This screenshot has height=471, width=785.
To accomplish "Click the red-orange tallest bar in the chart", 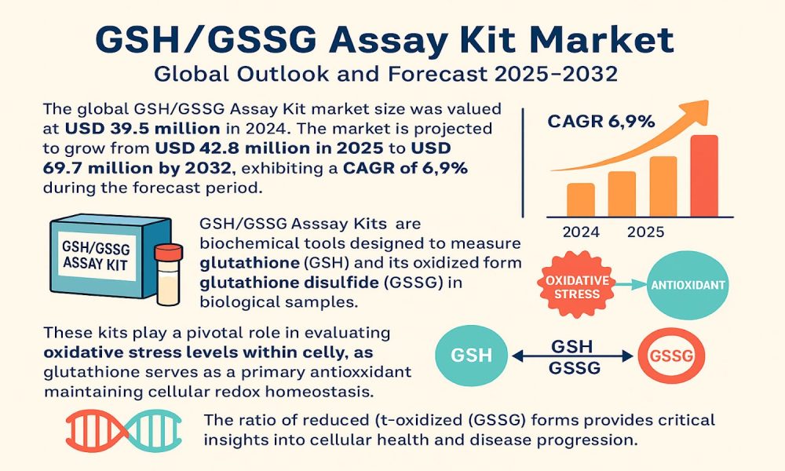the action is (704, 176).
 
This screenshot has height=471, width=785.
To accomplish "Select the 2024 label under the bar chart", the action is (581, 232).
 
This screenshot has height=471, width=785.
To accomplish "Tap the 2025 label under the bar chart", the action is (646, 232).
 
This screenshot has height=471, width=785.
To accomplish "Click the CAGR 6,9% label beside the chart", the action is (601, 122).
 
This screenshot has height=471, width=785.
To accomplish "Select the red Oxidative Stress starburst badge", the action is (577, 284).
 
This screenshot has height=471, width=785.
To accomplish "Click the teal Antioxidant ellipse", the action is (688, 285).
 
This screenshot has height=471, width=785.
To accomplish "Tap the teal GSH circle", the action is (471, 356).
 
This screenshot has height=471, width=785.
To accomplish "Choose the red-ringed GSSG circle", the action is (671, 356).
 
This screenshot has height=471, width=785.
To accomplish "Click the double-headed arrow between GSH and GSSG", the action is (572, 356).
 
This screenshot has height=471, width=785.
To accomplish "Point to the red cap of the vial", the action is (169, 252).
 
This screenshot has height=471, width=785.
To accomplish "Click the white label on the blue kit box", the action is (96, 256).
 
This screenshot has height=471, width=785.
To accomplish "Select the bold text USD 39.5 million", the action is (143, 129).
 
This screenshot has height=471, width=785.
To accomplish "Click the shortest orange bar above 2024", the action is (581, 199).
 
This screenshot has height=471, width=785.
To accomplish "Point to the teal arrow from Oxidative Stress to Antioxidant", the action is (630, 285).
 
